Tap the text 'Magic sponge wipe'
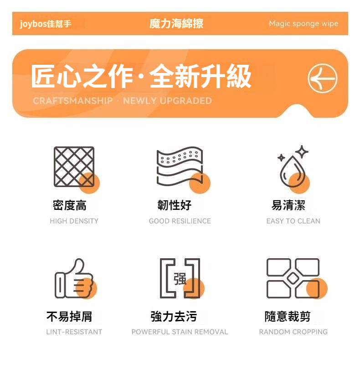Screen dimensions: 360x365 tap(303, 24)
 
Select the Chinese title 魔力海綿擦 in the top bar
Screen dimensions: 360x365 tap(176, 24)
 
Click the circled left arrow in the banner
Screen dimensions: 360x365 tap(323, 78)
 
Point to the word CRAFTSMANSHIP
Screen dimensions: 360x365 tap(73, 101)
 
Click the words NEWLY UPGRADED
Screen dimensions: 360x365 tap(167, 101)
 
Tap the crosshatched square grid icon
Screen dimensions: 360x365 tap(74, 167)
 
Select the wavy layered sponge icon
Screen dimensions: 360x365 tap(180, 166)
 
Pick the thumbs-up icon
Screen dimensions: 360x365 tap(74, 279)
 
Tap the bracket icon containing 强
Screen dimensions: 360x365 tap(180, 278)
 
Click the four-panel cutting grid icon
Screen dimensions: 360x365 tap(293, 278)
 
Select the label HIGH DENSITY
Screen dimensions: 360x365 tap(74, 221)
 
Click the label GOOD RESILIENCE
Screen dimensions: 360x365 tap(180, 221)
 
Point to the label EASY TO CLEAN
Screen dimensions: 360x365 tap(293, 221)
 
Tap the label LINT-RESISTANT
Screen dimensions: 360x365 tap(74, 332)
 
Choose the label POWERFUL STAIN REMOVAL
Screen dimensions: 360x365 tap(180, 332)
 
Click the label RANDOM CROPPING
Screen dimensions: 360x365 tap(293, 332)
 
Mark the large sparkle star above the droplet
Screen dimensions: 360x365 tap(302, 152)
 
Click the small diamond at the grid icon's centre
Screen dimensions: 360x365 tap(293, 278)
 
